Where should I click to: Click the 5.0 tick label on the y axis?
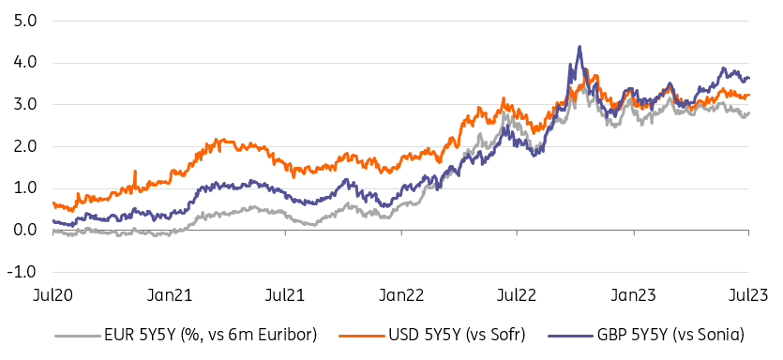(21, 22)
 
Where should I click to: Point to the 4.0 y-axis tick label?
(21, 64)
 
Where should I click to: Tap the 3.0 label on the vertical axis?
(21, 105)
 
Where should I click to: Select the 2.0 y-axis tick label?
(21, 147)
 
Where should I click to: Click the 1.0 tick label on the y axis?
(21, 188)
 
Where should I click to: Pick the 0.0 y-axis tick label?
(21, 231)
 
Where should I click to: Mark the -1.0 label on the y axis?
(19, 272)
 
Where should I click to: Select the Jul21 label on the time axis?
(286, 295)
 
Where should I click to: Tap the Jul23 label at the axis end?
(748, 295)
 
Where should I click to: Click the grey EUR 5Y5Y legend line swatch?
(78, 336)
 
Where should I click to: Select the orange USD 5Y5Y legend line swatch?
(362, 336)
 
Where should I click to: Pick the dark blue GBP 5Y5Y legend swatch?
(571, 336)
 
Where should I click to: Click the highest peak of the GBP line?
(580, 47)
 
